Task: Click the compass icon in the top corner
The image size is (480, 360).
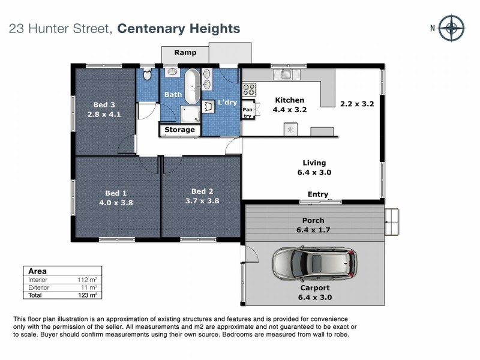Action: [451, 28]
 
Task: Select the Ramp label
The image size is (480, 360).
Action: [185, 53]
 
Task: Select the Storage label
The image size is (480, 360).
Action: [180, 130]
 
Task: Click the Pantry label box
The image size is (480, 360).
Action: [247, 112]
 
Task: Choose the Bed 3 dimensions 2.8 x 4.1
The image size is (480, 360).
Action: [104, 113]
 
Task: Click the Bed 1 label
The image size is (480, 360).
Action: [116, 193]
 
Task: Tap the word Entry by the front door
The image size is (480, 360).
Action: [317, 194]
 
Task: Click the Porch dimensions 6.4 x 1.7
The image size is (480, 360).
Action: [314, 230]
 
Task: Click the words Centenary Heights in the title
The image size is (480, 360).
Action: [178, 28]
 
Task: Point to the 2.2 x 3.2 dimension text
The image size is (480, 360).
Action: [357, 103]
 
